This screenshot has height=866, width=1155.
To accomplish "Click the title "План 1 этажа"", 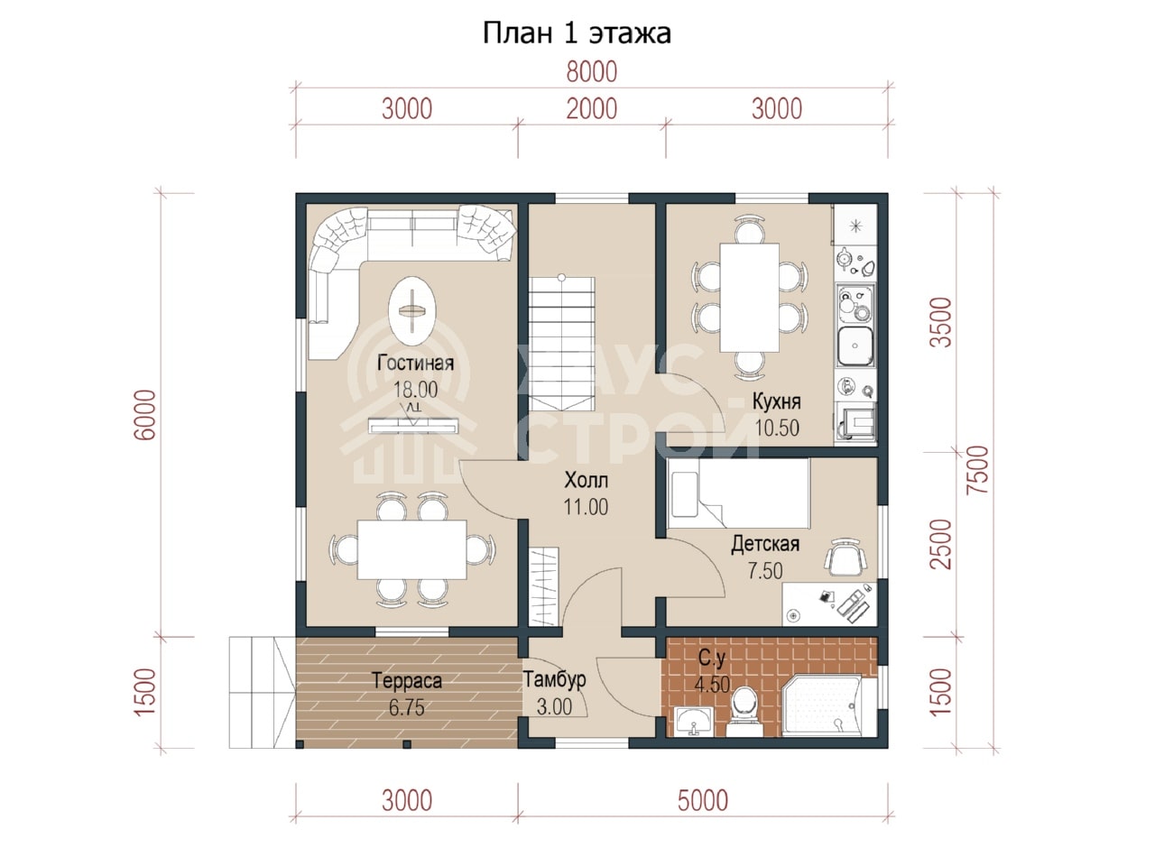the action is pos(577,33).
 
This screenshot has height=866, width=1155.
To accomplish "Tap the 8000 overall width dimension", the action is pos(591,72).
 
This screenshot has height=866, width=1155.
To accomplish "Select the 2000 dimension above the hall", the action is pos(591,109).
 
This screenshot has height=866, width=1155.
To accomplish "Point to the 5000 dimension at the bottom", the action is pos(702,800).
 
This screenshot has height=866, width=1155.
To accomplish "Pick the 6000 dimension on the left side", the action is pos(145,415).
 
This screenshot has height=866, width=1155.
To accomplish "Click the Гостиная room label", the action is pos(416,363).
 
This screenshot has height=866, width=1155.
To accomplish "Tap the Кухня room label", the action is pos(777,401).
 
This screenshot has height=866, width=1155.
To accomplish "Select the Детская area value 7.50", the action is pos(765,570).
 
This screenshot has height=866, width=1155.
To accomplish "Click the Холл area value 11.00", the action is pos(586,507).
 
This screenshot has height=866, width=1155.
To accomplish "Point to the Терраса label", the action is pos(407,680).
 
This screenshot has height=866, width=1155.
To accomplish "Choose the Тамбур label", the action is pos(555,679).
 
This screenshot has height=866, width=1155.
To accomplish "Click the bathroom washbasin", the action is pos(694,721).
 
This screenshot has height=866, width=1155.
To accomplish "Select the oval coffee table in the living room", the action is pos(412,311).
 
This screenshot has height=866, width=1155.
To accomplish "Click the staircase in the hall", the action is pos(562,344).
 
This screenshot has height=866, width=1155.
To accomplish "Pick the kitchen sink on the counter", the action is pos(855,346).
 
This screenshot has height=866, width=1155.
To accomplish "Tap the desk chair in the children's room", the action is pos(845,557).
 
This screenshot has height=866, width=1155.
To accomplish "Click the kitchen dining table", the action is pos(749,297).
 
